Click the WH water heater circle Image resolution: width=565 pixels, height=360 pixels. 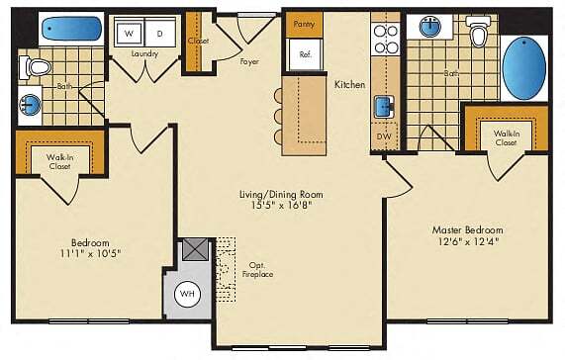[188, 294]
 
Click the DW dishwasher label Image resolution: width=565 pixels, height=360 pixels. [383, 137]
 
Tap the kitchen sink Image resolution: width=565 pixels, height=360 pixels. [383, 106]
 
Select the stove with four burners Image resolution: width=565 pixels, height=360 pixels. [384, 38]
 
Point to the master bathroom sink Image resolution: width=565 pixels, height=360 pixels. [432, 26]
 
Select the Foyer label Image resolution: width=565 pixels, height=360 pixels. [249, 62]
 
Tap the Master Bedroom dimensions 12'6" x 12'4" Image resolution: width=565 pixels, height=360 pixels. [466, 239]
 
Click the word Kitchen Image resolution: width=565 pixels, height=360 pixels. [350, 85]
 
